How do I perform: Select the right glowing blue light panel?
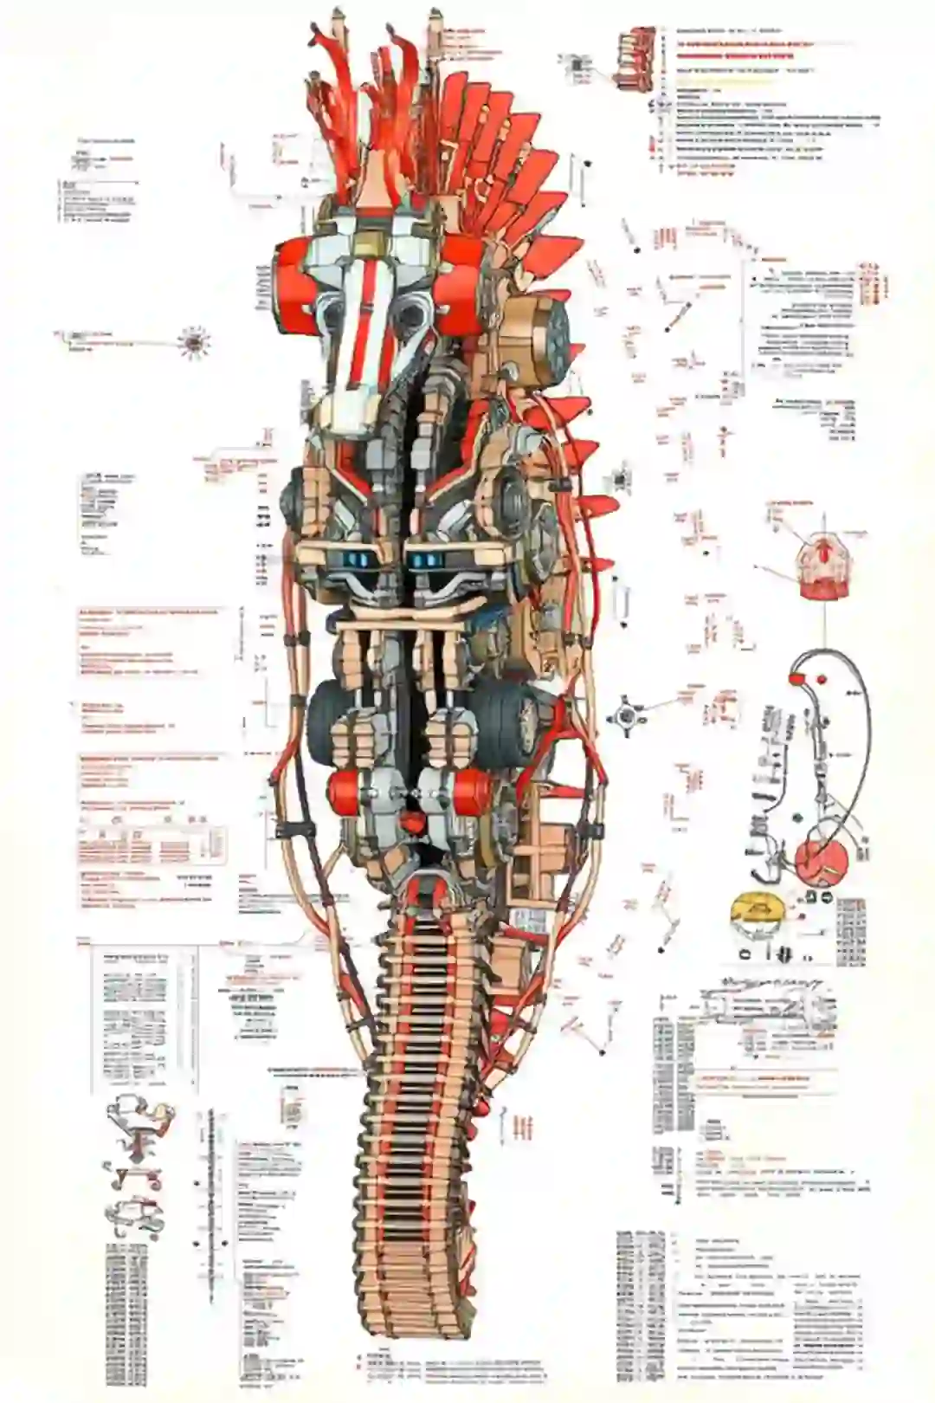428,561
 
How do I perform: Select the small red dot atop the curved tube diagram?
820,677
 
